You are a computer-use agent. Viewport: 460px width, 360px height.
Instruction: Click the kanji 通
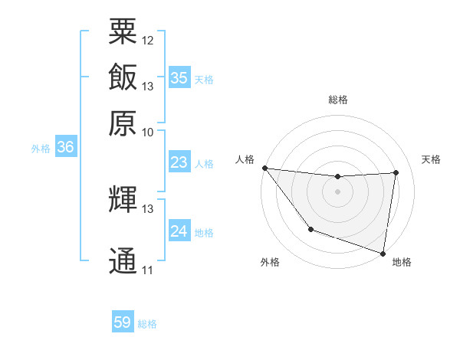point(122,261)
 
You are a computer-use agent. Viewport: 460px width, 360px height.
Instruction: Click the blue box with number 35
point(179,78)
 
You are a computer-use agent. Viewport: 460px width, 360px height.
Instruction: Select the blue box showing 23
point(179,162)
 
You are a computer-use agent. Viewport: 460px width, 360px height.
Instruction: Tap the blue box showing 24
point(179,231)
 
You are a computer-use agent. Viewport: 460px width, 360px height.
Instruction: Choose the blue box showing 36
point(65,148)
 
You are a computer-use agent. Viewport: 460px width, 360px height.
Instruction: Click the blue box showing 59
point(122,322)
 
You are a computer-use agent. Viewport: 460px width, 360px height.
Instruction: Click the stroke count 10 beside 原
point(148,132)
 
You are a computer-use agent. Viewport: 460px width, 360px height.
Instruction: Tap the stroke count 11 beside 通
point(148,270)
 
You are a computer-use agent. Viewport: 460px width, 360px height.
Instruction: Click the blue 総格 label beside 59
point(147,324)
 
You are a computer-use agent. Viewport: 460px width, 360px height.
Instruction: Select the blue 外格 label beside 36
point(41,149)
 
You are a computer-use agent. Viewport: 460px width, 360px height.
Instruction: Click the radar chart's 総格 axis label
point(337,100)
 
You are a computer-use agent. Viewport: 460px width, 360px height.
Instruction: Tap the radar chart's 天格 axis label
point(431,159)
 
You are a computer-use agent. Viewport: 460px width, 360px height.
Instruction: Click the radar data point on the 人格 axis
point(264,168)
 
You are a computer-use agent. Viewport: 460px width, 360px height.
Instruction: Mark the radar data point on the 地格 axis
point(383,253)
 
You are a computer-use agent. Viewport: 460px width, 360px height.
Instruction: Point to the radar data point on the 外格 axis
point(310,229)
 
